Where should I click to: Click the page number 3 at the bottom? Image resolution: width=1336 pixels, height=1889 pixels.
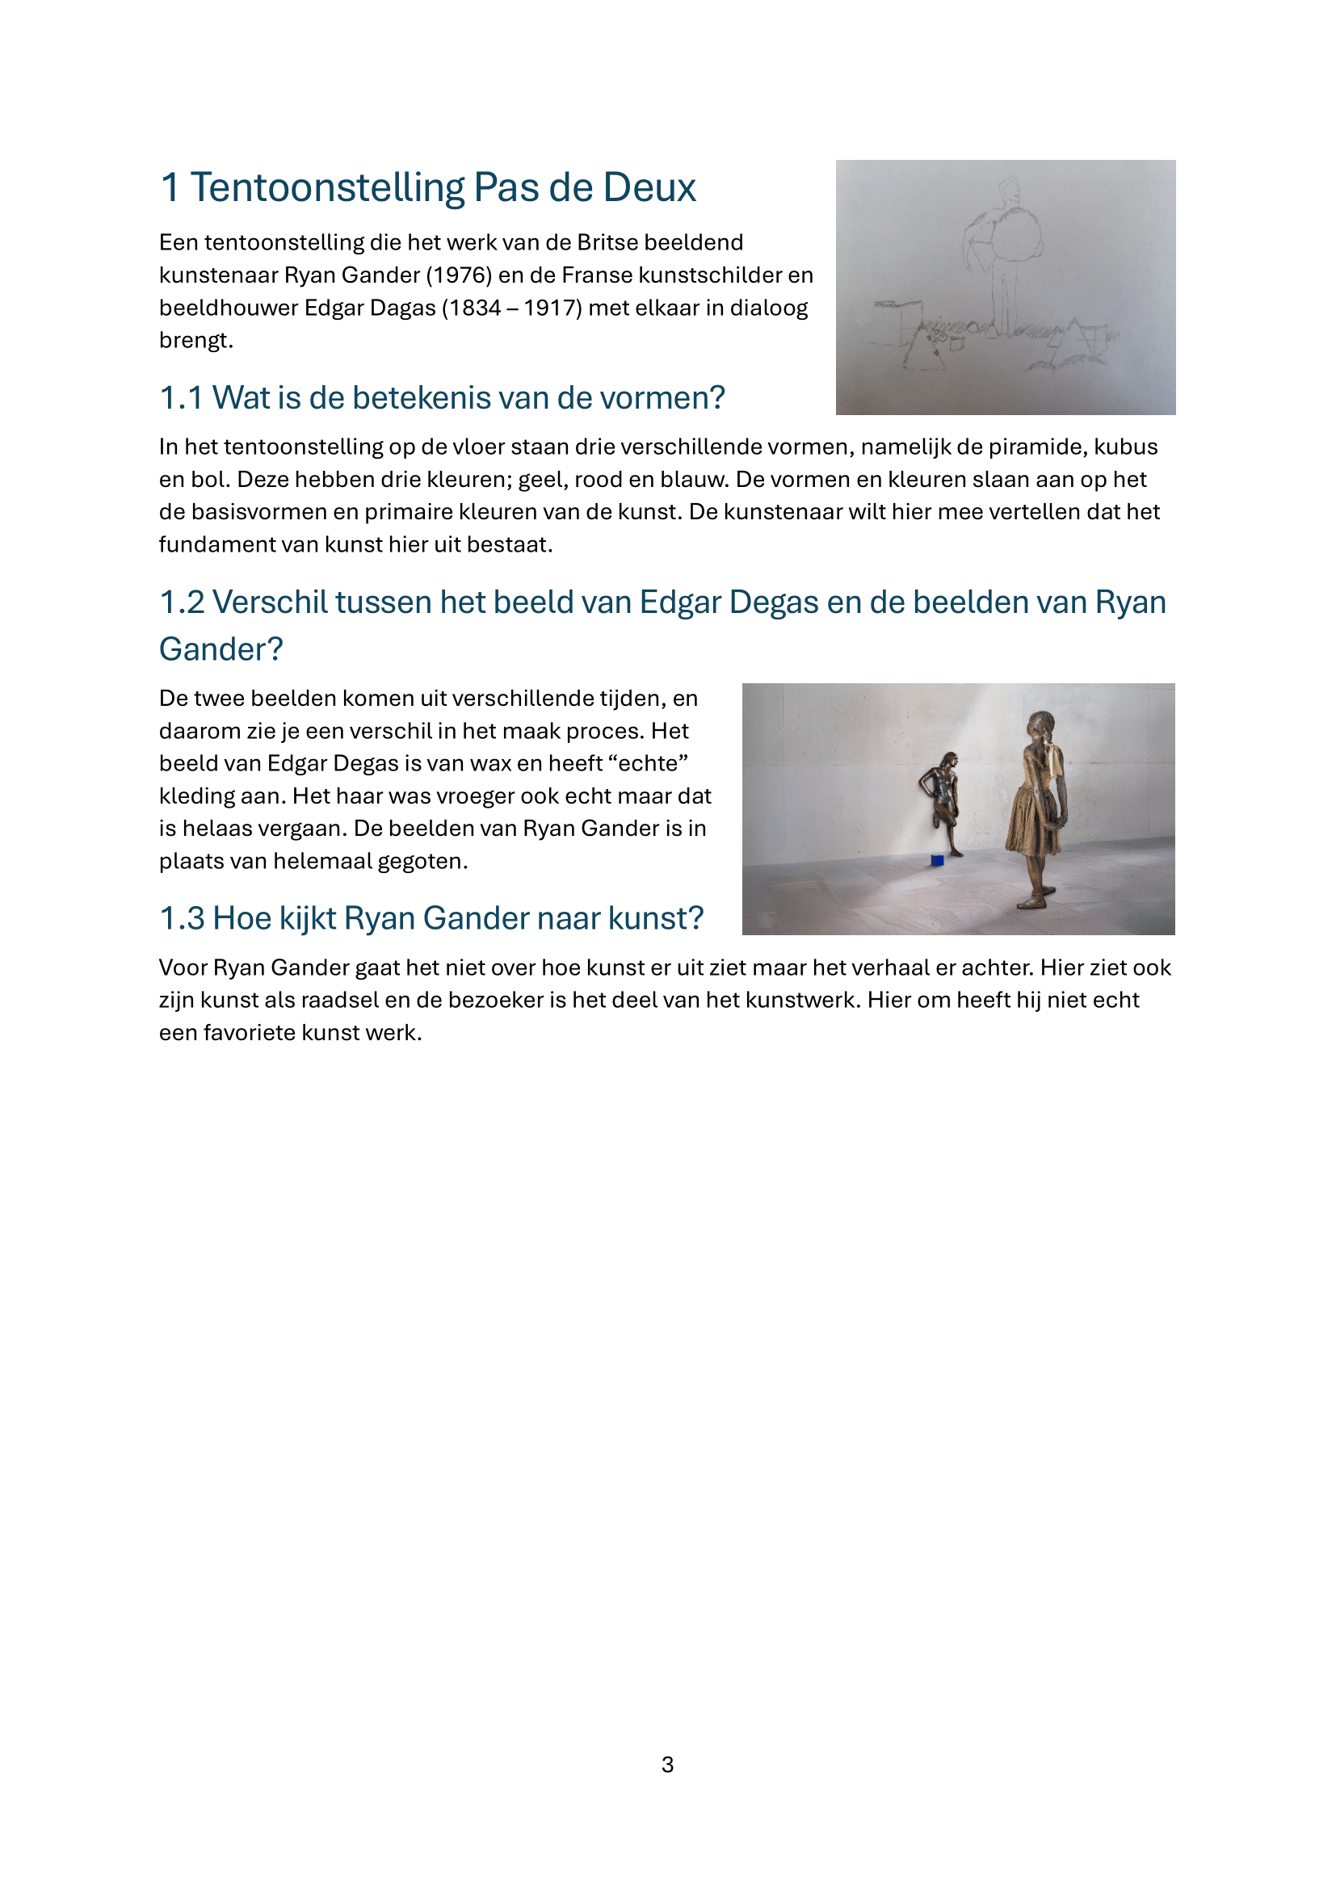tap(667, 1765)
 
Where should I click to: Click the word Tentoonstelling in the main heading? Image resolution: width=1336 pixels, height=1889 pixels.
tap(327, 187)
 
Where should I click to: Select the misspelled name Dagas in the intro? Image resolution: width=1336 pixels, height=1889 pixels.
tap(403, 308)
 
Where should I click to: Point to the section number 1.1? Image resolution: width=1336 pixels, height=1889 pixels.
tap(181, 398)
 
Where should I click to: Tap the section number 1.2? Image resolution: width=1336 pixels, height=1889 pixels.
tap(181, 603)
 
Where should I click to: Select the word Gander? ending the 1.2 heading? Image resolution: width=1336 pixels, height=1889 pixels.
tap(221, 650)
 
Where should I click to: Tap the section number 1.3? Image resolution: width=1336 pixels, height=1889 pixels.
tap(181, 919)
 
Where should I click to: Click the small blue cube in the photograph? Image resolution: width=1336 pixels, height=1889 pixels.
tap(937, 861)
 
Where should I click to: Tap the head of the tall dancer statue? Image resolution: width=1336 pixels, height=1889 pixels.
tap(1041, 724)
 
